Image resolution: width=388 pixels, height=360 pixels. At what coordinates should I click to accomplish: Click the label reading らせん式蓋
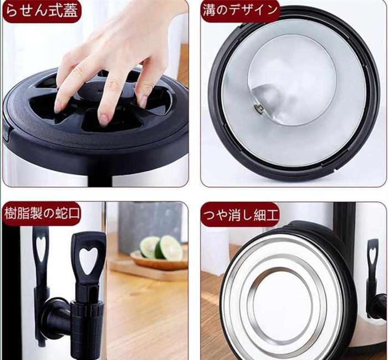coord(42,11)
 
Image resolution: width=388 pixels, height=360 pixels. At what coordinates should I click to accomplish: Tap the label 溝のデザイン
coord(239,11)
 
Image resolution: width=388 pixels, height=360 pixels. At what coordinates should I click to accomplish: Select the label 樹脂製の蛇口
coord(42,214)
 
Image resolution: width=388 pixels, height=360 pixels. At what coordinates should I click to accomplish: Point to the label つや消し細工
coord(239,215)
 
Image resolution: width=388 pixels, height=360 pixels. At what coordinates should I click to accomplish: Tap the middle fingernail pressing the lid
coord(104,119)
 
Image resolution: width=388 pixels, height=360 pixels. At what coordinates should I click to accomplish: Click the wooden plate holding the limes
coord(159,262)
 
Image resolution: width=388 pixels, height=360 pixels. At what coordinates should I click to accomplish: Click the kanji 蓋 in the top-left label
coord(70,11)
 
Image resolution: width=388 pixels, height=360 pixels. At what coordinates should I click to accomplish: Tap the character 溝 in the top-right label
coord(210,11)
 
